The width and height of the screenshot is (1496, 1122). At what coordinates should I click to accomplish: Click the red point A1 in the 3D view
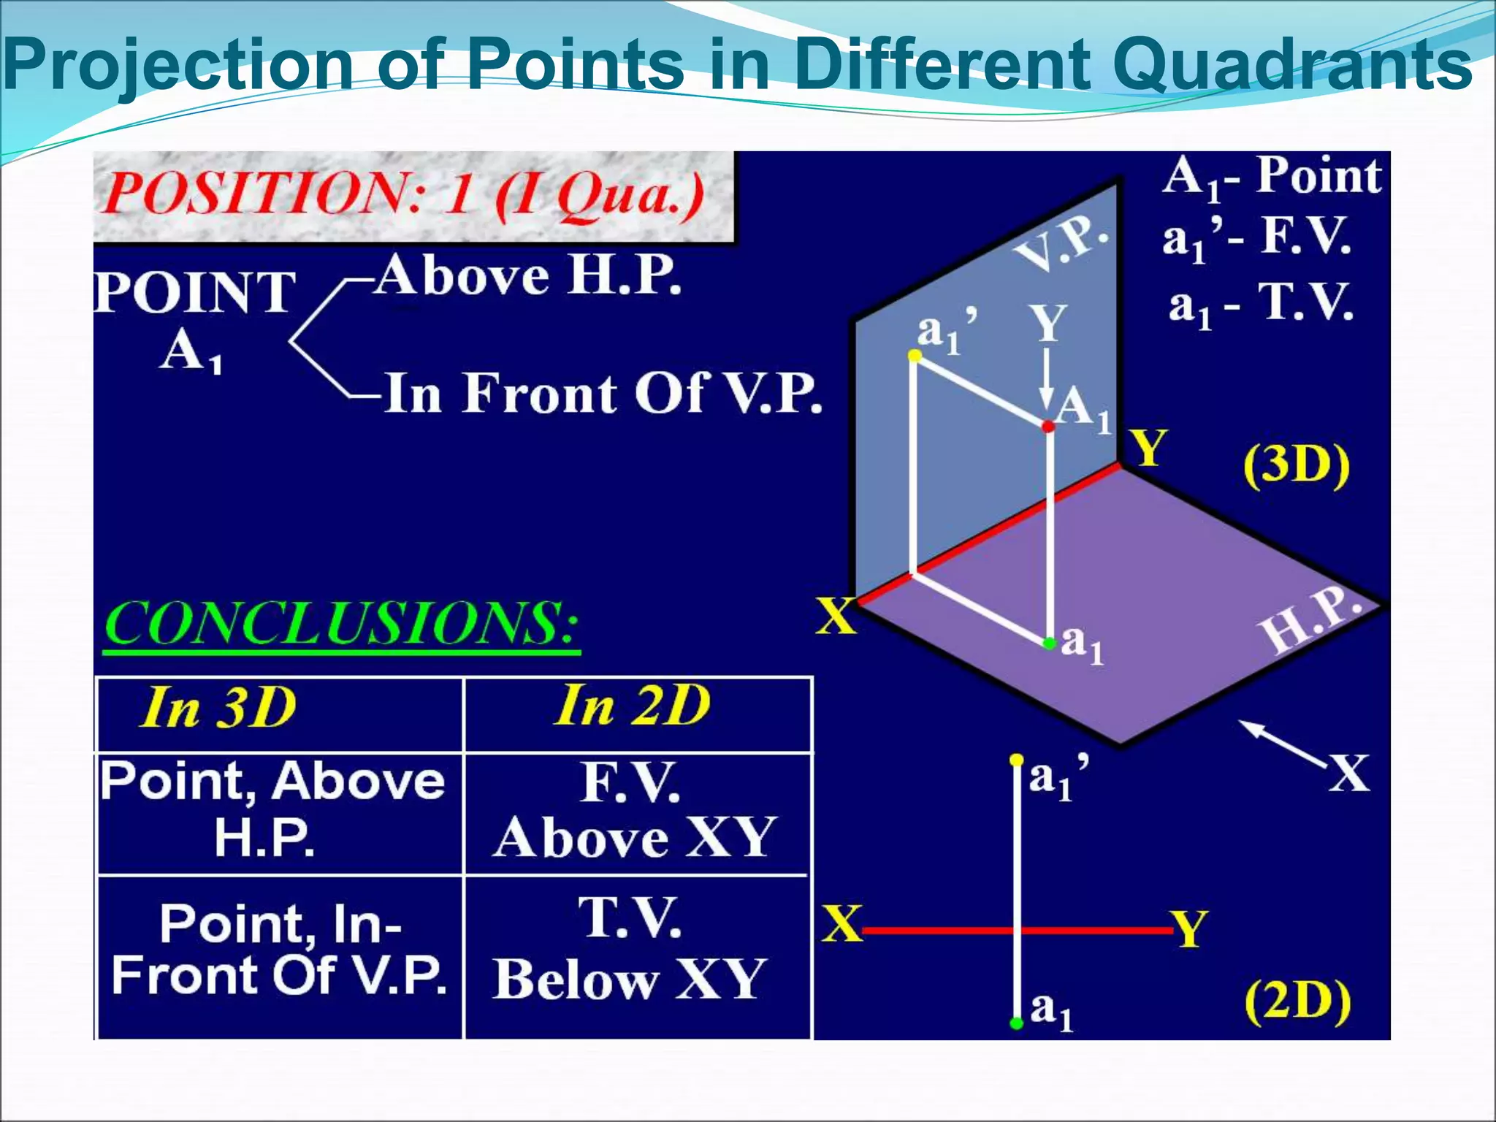pos(1048,426)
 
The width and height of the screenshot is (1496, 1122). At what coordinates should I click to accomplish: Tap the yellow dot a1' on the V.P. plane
pos(914,356)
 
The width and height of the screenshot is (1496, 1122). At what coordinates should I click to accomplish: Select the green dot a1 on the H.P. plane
pos(1050,643)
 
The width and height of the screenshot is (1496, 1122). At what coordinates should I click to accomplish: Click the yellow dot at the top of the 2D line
pos(1016,760)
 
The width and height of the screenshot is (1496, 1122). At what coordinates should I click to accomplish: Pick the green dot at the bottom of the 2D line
pos(1016,1023)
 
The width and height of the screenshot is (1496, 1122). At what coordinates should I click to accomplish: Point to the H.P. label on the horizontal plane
pos(1311,621)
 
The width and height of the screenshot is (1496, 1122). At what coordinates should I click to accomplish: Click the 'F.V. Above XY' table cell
pos(633,811)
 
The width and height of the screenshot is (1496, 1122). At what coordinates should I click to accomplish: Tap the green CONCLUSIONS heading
pos(341,624)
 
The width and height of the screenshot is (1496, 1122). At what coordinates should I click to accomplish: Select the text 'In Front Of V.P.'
pos(603,394)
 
